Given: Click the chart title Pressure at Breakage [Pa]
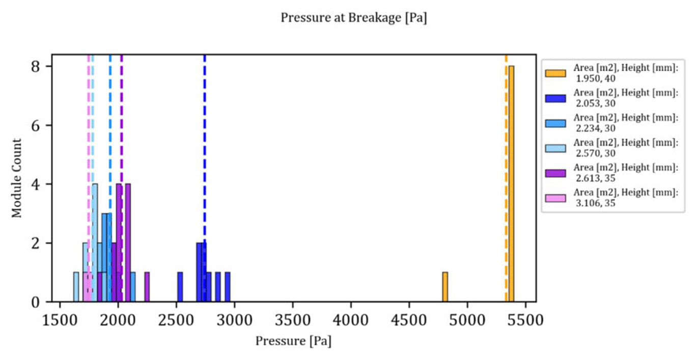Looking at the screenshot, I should (x=354, y=18).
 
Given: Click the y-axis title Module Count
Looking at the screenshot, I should (x=17, y=178).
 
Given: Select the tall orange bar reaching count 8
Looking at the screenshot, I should (x=511, y=183).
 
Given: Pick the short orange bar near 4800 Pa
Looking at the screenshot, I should (x=445, y=287).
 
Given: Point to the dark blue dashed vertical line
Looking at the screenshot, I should (x=205, y=153).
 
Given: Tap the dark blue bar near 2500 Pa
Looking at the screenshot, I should (x=180, y=287).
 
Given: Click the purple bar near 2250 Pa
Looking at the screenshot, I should (x=147, y=287).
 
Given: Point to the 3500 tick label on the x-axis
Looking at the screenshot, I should (x=293, y=321).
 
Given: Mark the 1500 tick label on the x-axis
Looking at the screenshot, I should (x=60, y=321).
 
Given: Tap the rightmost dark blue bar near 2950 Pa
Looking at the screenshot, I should (x=228, y=287).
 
